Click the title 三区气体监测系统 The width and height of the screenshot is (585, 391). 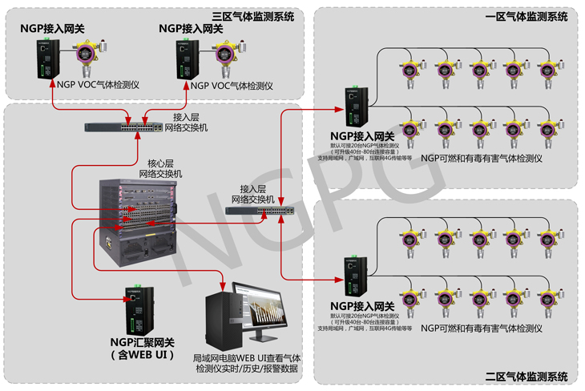(252, 16)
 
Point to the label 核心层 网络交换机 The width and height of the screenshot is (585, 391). (159, 167)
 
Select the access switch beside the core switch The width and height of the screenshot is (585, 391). (258, 210)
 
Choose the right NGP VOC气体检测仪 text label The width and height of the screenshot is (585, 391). (232, 86)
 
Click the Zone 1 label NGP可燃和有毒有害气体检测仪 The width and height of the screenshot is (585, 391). (482, 158)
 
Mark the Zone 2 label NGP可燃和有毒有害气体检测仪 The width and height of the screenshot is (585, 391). (482, 329)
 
